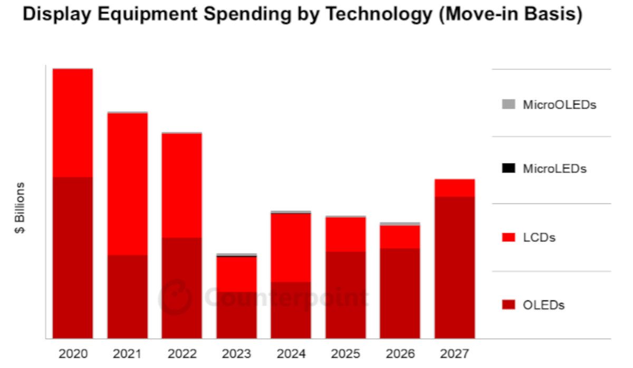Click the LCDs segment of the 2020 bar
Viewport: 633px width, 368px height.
click(x=73, y=122)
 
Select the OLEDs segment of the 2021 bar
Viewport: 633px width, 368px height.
click(x=128, y=296)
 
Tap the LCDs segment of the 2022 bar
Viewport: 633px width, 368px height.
click(x=182, y=185)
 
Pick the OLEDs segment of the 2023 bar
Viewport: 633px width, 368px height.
click(x=236, y=315)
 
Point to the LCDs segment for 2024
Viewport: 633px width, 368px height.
click(x=291, y=247)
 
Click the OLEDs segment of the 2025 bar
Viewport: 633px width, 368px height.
click(x=346, y=295)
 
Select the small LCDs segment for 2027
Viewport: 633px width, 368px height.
click(x=455, y=188)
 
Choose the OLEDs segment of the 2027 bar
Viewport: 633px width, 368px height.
click(x=455, y=267)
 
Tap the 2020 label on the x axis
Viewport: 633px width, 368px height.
click(x=73, y=353)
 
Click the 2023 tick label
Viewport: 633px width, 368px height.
click(x=236, y=353)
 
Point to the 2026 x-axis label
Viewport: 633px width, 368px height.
click(x=400, y=353)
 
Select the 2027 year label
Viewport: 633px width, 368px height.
click(x=455, y=353)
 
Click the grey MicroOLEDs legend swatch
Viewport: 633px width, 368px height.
click(x=509, y=104)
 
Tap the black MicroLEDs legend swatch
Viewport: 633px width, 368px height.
click(x=509, y=169)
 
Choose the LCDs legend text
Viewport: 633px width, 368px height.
click(x=539, y=238)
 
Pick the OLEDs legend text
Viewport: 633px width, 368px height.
click(x=543, y=305)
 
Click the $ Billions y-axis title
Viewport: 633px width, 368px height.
click(x=20, y=208)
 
